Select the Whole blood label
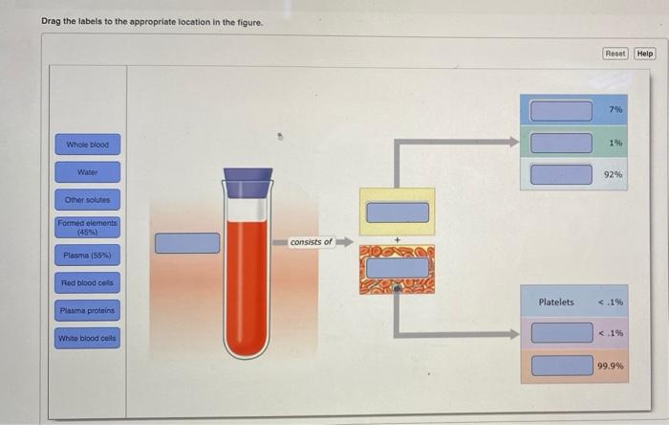pos(88,145)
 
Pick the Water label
pos(88,172)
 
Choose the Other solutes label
pos(88,200)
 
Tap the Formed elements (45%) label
pos(88,227)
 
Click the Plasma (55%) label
pos(88,256)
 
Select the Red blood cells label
pos(88,283)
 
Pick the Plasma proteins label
pos(88,311)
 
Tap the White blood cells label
pos(88,338)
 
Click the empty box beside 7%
pos(561,110)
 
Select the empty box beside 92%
pos(561,174)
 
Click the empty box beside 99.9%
pos(561,365)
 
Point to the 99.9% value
pos(611,366)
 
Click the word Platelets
pos(556,302)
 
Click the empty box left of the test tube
pos(187,242)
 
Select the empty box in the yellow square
pos(397,212)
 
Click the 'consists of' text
pos(312,242)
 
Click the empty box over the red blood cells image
pos(397,267)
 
